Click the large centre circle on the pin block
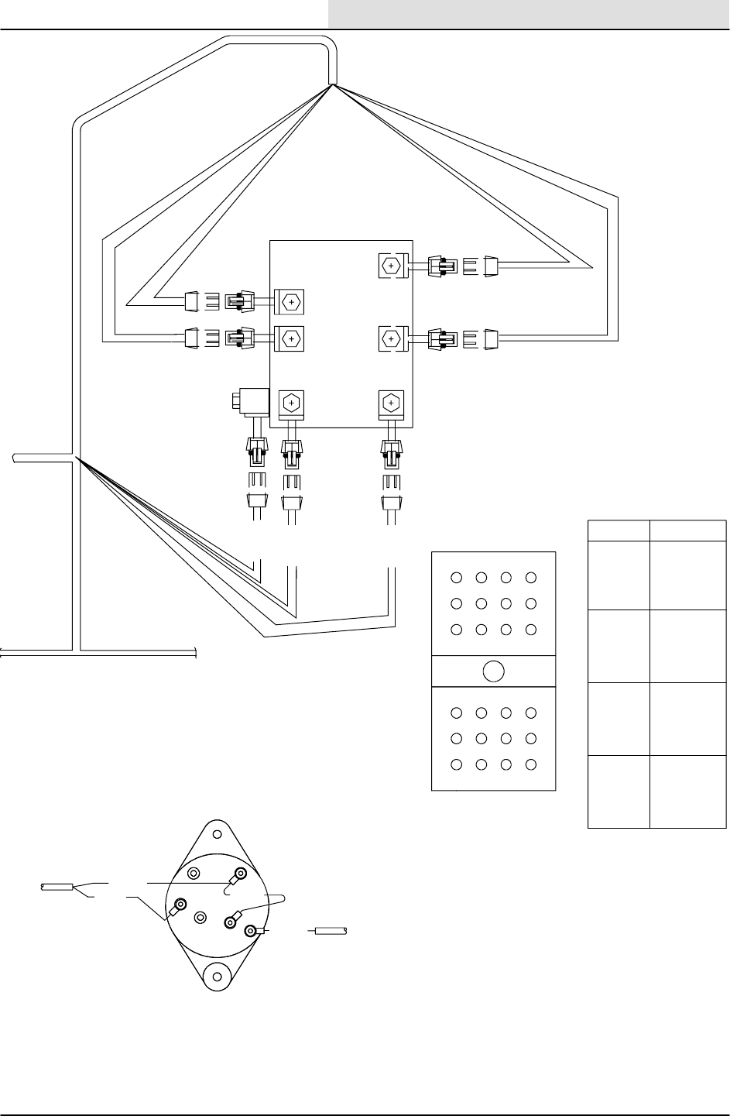pyautogui.click(x=493, y=671)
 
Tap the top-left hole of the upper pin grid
pyautogui.click(x=457, y=577)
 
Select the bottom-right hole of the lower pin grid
pyautogui.click(x=530, y=764)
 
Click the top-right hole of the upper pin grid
pyautogui.click(x=530, y=577)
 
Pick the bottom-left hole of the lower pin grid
pyautogui.click(x=457, y=764)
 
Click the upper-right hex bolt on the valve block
pyautogui.click(x=391, y=266)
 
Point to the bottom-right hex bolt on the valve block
pyautogui.click(x=391, y=403)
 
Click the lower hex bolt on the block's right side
pyautogui.click(x=391, y=338)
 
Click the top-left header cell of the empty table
pyautogui.click(x=618, y=531)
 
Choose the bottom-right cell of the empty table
pyautogui.click(x=687, y=792)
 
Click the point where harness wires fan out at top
pyautogui.click(x=334, y=85)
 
